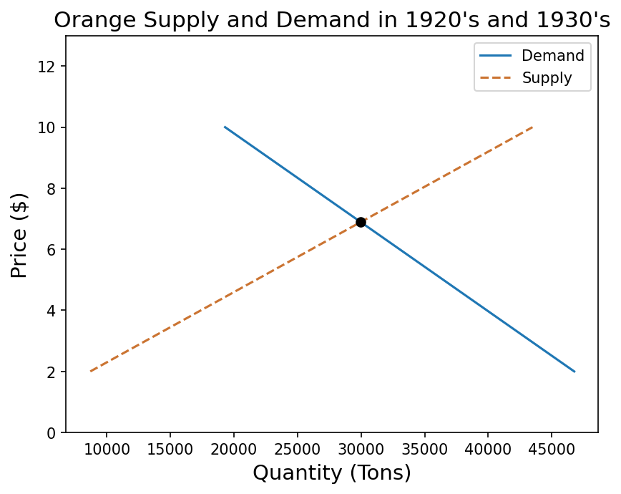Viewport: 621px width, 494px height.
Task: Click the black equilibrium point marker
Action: pyautogui.click(x=361, y=222)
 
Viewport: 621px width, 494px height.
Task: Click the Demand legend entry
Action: pyautogui.click(x=552, y=56)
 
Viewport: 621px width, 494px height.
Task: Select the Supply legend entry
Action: pyautogui.click(x=547, y=78)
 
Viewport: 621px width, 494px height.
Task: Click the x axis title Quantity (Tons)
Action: pyautogui.click(x=332, y=473)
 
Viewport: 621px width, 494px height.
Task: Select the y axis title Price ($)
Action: pyautogui.click(x=20, y=235)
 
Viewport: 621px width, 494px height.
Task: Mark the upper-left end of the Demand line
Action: pyautogui.click(x=225, y=127)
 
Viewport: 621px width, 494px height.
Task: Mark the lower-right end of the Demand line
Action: pyautogui.click(x=574, y=372)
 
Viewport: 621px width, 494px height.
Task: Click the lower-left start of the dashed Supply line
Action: pyautogui.click(x=90, y=372)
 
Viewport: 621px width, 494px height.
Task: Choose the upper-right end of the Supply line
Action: pyautogui.click(x=533, y=127)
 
